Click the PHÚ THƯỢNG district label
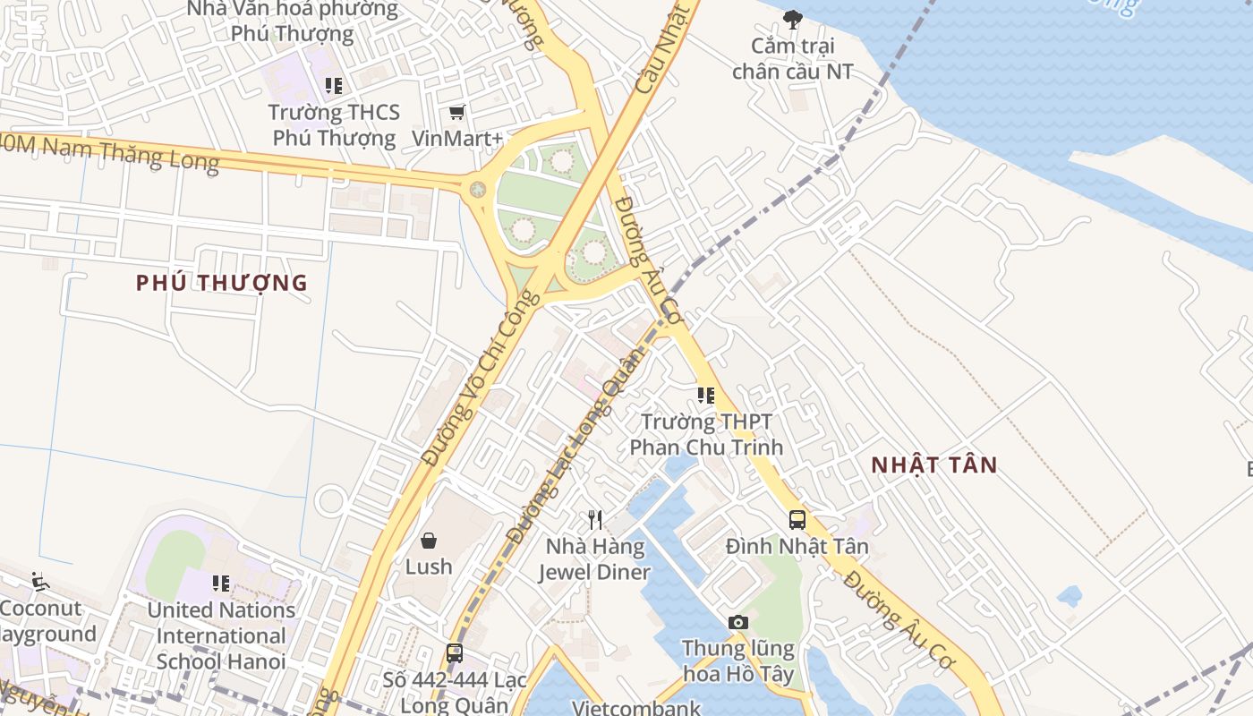click(221, 283)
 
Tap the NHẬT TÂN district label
click(933, 465)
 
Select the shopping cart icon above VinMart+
click(457, 112)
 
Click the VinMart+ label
click(457, 139)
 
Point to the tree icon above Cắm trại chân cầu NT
click(792, 19)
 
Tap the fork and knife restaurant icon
click(595, 519)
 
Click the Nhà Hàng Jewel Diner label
click(595, 559)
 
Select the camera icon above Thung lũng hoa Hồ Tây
click(737, 622)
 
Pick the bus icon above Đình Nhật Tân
click(797, 519)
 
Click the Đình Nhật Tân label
click(797, 546)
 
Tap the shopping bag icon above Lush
click(429, 540)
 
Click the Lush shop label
click(429, 567)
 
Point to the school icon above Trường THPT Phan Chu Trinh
click(706, 395)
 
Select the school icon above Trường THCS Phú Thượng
click(334, 86)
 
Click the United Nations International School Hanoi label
click(221, 635)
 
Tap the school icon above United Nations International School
click(221, 584)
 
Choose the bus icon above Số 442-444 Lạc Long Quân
click(455, 652)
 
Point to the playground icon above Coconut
click(39, 582)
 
